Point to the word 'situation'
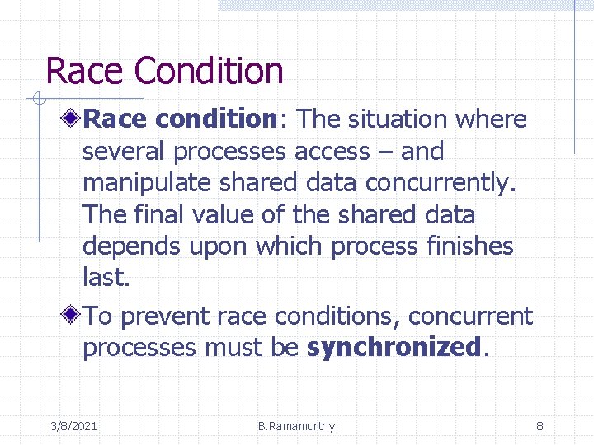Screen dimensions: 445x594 point(397,119)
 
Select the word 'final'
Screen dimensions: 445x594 point(156,215)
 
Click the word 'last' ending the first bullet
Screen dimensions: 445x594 point(104,278)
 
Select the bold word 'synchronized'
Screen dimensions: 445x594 point(392,348)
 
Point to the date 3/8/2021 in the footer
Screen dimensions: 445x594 point(73,426)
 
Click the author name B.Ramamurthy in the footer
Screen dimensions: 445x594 point(296,426)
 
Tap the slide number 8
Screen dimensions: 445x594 point(540,426)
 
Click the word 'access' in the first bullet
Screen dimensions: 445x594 point(332,152)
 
